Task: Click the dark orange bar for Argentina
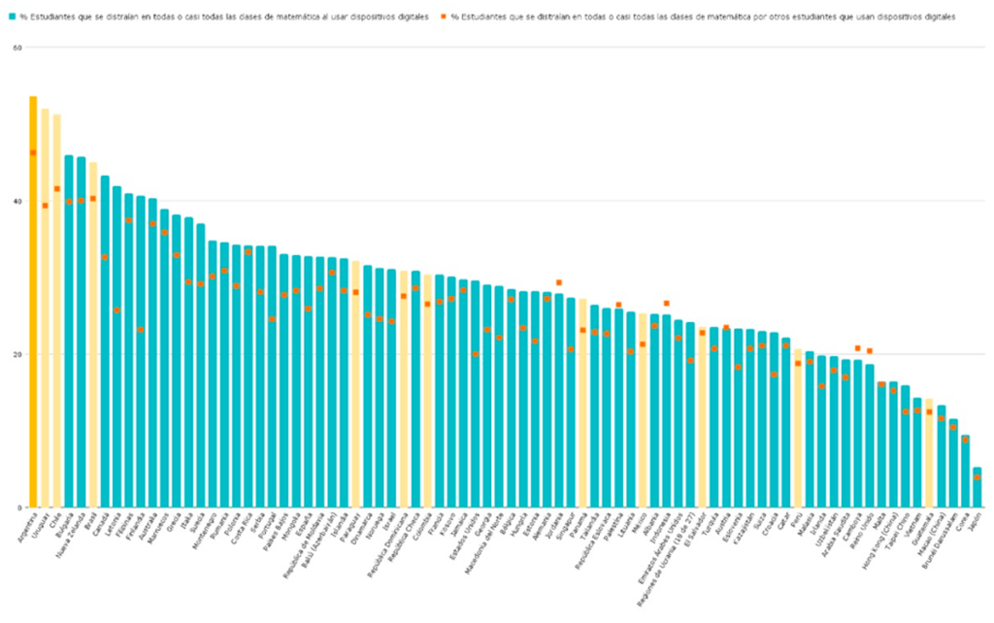pos(33,301)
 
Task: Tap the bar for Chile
pos(56,311)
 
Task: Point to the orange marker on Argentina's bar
pos(33,152)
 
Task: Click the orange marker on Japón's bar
pos(977,477)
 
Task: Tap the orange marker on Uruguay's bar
pos(45,205)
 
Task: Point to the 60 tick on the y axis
pos(17,49)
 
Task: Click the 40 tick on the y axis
pos(17,202)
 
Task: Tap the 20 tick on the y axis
pos(17,354)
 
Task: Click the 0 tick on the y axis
pos(19,508)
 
